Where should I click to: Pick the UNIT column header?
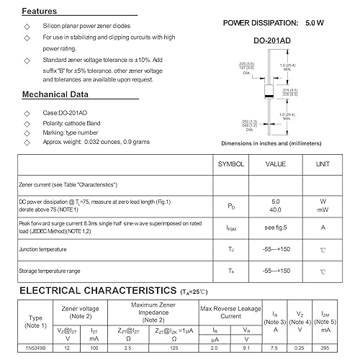pos(323,164)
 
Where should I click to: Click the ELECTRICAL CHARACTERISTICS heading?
pos(91,292)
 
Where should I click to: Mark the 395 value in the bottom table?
pos(325,347)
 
